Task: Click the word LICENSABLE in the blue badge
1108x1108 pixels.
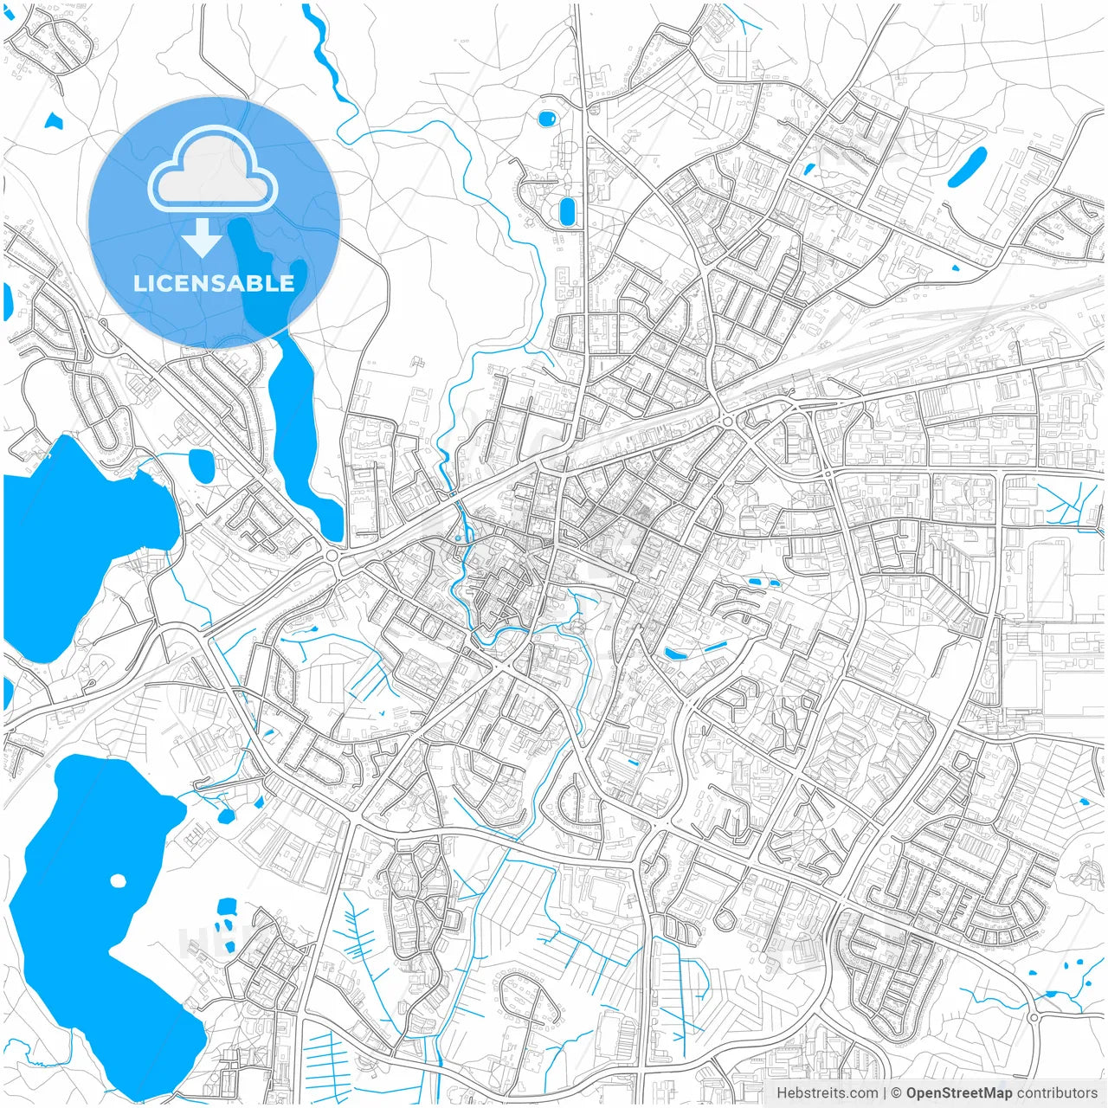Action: click(x=214, y=283)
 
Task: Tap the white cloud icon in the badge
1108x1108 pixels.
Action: click(x=213, y=168)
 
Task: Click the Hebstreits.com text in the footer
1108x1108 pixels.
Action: click(x=827, y=1093)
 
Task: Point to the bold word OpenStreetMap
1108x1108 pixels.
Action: click(x=958, y=1093)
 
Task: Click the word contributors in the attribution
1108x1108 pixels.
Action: click(x=1056, y=1093)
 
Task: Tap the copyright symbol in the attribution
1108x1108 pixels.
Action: click(x=896, y=1093)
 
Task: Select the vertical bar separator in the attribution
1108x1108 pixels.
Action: click(x=884, y=1093)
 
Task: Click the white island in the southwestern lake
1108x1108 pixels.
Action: click(x=118, y=881)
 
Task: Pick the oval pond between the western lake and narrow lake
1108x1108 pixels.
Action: click(x=201, y=466)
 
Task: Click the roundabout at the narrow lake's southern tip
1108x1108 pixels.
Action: click(x=333, y=556)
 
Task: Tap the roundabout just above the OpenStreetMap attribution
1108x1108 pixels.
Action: click(x=1034, y=1018)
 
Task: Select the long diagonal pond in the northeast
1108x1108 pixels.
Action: click(x=967, y=167)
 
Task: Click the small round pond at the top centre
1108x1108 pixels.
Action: click(x=547, y=118)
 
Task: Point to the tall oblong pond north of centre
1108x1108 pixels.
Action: click(x=568, y=211)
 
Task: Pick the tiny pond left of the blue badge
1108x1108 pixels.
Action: click(x=54, y=121)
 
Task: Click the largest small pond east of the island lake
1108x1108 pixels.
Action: click(x=227, y=907)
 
